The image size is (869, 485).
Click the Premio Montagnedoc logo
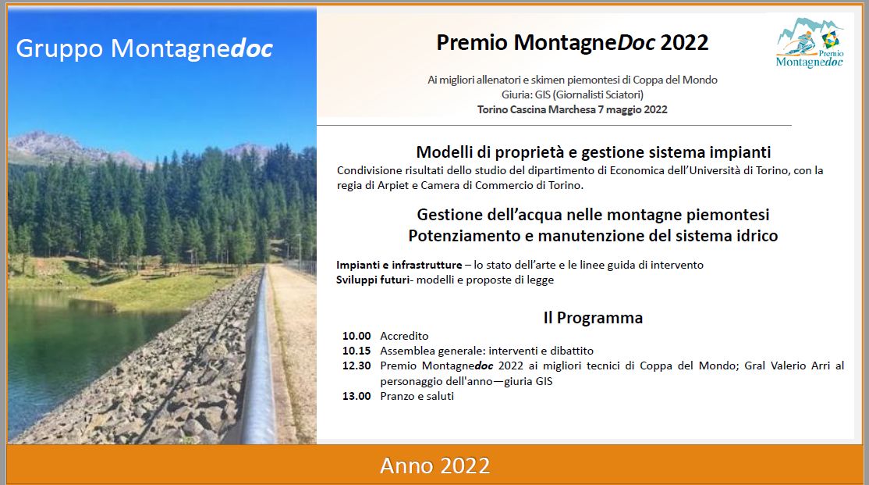point(810,43)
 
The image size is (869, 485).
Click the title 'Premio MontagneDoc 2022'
point(572,43)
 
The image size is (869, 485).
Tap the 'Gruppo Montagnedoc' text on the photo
point(144,48)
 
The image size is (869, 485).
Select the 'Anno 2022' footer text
point(435,465)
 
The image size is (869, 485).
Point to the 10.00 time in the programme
point(356,336)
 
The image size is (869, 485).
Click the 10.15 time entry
point(356,351)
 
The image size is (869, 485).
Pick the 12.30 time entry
point(356,366)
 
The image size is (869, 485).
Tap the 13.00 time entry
point(356,396)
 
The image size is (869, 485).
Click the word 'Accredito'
point(404,336)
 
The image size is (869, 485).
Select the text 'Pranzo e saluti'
point(417,396)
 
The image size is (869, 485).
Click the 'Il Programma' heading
point(593,318)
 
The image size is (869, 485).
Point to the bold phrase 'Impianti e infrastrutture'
point(399,265)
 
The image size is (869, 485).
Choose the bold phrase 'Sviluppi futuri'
point(373,280)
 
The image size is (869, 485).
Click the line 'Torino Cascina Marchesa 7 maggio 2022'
point(572,109)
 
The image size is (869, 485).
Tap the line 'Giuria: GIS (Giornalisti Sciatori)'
point(573,95)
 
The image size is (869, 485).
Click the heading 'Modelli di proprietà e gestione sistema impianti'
point(593,152)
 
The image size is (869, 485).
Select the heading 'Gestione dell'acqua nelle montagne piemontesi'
point(593,215)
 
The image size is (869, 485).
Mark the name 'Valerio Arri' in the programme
point(800,366)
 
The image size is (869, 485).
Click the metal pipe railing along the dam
point(261,355)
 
